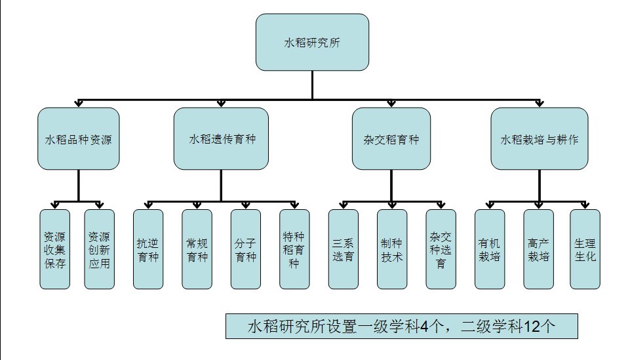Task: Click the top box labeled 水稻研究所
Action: pyautogui.click(x=312, y=42)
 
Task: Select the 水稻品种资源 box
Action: pyautogui.click(x=79, y=138)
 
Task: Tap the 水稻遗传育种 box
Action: pyautogui.click(x=221, y=138)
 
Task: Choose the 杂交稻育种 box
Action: pyautogui.click(x=391, y=138)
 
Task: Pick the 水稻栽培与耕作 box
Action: pyautogui.click(x=539, y=138)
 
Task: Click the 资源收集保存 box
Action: pyautogui.click(x=54, y=249)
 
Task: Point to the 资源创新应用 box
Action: pyautogui.click(x=99, y=249)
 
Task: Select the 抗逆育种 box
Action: pyautogui.click(x=148, y=249)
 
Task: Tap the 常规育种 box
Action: pyautogui.click(x=197, y=249)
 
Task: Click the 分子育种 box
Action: pyautogui.click(x=245, y=249)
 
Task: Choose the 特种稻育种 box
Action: pyautogui.click(x=294, y=249)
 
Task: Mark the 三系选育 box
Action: pyautogui.click(x=343, y=249)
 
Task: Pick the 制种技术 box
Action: pyautogui.click(x=392, y=249)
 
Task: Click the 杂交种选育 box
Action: pyautogui.click(x=441, y=249)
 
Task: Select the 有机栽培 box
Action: pyautogui.click(x=490, y=249)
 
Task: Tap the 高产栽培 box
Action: pyautogui.click(x=538, y=249)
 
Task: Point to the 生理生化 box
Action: pyautogui.click(x=585, y=249)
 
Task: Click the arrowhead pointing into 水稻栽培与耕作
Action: pyautogui.click(x=540, y=104)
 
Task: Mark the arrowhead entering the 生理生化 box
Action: pyautogui.click(x=585, y=205)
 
